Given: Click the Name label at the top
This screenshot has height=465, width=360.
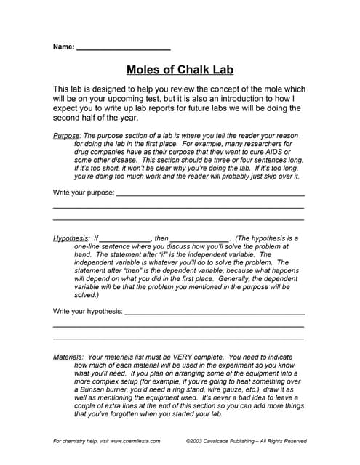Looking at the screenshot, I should pos(63,46).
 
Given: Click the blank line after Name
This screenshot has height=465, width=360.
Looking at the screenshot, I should pos(123,48).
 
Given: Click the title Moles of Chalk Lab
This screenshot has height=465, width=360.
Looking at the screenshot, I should pos(180,70).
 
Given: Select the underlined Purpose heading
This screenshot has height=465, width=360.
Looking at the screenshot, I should pos(68,135).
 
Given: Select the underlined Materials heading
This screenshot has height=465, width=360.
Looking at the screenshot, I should pos(68,357).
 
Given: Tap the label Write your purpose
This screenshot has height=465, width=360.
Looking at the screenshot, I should pos(84,193).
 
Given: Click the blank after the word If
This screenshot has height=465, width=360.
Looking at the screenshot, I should pos(124,238).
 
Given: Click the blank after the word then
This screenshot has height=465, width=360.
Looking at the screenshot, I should pos(200,238).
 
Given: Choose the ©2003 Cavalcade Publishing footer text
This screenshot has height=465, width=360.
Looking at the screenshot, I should pos(246,441).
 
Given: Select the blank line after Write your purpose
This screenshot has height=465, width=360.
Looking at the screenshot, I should pos(210,194).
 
